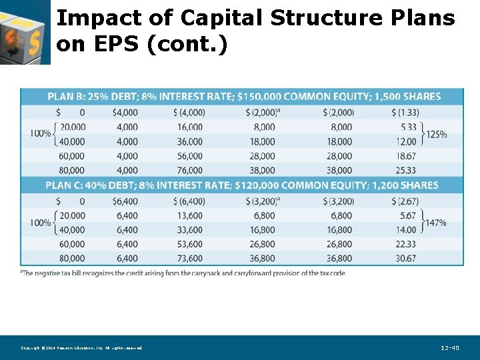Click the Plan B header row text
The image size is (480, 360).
point(244,97)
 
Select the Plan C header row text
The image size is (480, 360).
point(242,185)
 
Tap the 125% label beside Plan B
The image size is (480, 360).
point(435,134)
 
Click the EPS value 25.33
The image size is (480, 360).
point(405,171)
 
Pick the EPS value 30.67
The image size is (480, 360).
point(405,259)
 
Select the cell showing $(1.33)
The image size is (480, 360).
point(405,112)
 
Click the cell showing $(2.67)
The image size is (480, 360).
point(405,201)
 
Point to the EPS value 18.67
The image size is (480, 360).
point(405,156)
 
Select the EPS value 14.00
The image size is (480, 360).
point(405,230)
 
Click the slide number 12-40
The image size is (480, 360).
point(450,348)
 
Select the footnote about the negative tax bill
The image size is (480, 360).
point(183,273)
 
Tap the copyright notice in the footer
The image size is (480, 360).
point(81,348)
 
